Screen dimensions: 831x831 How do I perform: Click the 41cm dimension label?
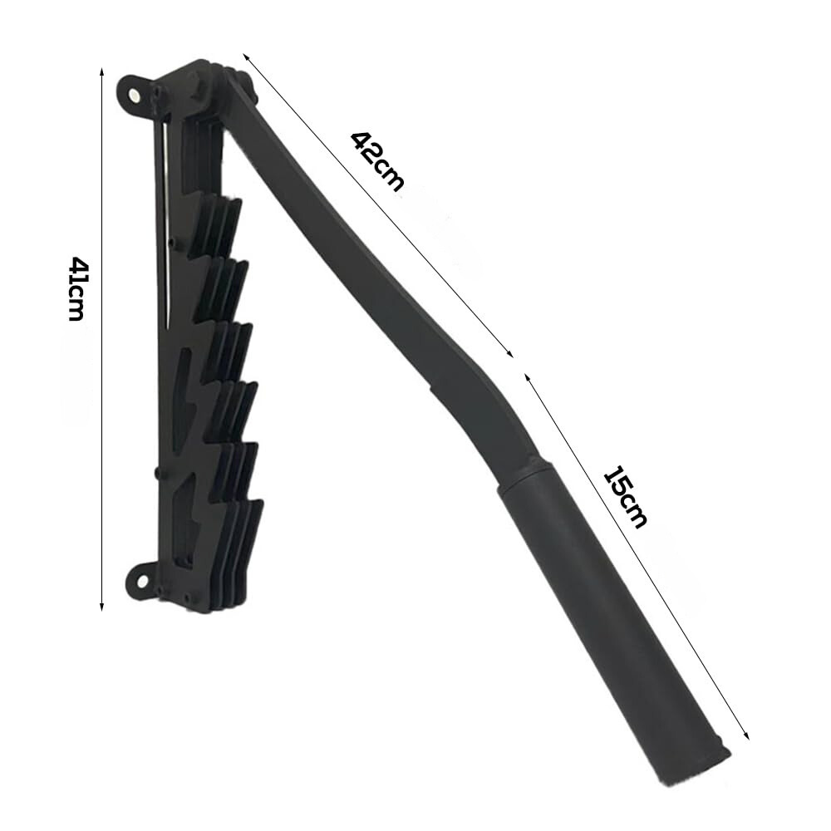pos(76,289)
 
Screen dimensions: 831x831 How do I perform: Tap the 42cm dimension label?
pos(376,160)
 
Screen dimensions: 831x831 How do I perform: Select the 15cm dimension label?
pos(626,497)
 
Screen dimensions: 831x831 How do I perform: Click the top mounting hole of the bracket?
pos(134,95)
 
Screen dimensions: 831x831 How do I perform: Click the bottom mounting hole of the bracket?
pos(141,582)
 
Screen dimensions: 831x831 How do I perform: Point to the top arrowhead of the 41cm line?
pos(101,71)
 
